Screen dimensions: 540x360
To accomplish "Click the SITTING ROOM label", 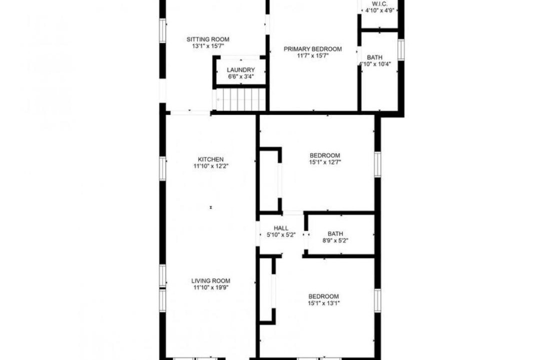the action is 207,39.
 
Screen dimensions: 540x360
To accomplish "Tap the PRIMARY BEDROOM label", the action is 312,49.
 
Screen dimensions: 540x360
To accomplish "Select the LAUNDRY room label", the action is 240,70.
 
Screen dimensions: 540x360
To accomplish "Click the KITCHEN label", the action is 211,159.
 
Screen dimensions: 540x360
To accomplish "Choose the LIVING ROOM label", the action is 211,281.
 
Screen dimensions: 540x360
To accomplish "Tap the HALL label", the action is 281,228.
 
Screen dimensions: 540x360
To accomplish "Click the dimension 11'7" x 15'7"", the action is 312,56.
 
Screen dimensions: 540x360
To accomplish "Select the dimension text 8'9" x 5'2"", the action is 335,240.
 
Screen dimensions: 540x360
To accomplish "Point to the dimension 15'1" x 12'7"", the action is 325,162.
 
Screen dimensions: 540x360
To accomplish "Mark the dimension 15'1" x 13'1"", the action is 323,303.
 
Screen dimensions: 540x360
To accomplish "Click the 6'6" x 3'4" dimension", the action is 240,76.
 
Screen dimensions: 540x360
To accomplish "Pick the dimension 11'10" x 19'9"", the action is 211,287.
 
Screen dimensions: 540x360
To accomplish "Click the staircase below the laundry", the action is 239,100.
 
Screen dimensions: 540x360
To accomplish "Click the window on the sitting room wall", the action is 162,30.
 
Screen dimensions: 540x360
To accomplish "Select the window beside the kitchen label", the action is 162,168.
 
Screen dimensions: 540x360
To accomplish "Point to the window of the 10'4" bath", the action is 401,49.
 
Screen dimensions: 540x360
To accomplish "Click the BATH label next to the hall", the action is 335,234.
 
